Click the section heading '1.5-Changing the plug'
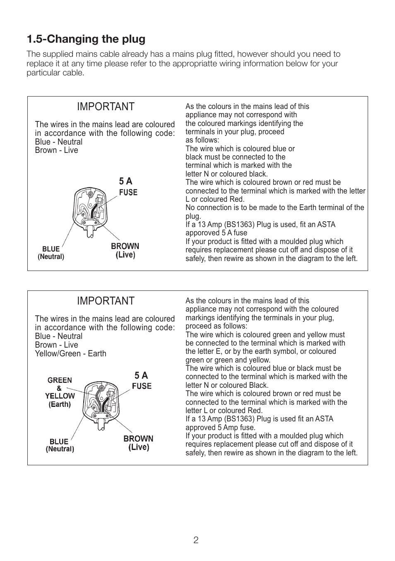(86, 39)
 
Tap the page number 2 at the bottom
(196, 540)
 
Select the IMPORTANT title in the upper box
(106, 106)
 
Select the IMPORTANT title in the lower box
(106, 301)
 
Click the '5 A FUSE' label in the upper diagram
(128, 187)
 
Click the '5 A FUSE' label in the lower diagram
(142, 381)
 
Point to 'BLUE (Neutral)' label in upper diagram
(51, 253)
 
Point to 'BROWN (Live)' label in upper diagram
(125, 250)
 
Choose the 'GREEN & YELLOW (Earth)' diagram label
(60, 392)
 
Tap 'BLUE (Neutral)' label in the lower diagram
(60, 445)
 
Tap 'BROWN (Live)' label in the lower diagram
(138, 443)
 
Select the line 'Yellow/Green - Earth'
(70, 353)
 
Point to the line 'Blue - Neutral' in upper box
(59, 142)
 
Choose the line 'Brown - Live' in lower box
(56, 345)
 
